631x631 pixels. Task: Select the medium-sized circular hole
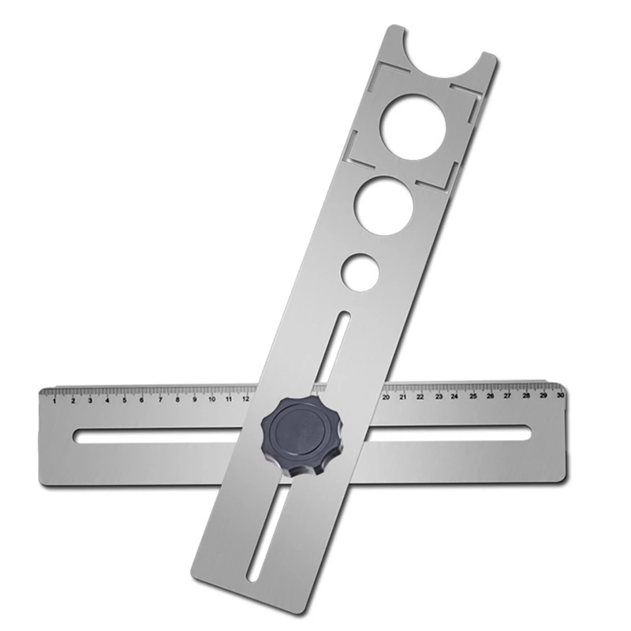(x=383, y=204)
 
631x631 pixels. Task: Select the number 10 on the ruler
(x=211, y=400)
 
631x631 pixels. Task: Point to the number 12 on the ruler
(x=246, y=399)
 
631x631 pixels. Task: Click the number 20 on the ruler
(x=386, y=397)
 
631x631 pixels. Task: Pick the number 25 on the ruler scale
(x=472, y=396)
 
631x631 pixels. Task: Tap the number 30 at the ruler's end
(x=559, y=395)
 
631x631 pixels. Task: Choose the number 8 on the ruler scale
(x=177, y=400)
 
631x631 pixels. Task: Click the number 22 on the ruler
(x=420, y=397)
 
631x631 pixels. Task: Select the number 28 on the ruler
(x=525, y=395)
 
